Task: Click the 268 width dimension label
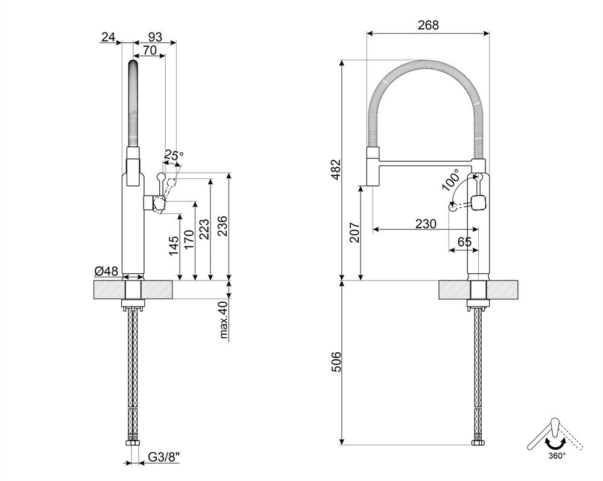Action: [x=428, y=25]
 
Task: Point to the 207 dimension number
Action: [x=355, y=232]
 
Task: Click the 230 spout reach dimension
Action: [x=426, y=223]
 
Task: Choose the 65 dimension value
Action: [x=464, y=242]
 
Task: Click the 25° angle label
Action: [x=173, y=156]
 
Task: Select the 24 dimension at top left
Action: [x=108, y=37]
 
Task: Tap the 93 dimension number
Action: [x=154, y=37]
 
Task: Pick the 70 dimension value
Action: [x=150, y=52]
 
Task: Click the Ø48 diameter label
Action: [x=106, y=272]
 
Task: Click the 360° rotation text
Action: [x=556, y=455]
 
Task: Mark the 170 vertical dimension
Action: [x=189, y=240]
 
